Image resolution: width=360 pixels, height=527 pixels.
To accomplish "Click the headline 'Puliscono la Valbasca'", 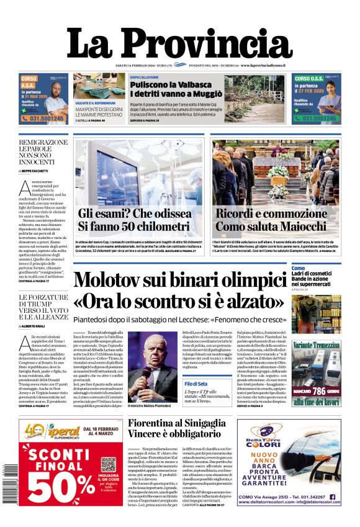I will click(x=163, y=84).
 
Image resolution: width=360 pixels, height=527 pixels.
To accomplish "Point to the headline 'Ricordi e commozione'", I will click(x=271, y=214).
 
